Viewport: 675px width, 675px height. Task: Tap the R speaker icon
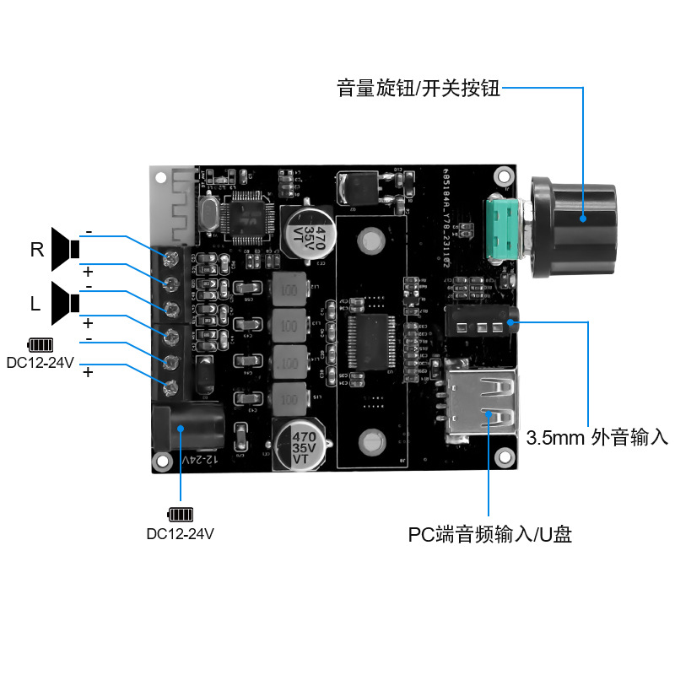point(65,249)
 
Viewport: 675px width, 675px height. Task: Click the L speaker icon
point(65,303)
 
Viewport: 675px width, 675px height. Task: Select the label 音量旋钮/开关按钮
point(418,88)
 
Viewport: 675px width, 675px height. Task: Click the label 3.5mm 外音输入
point(597,438)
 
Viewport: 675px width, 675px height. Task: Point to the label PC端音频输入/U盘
point(489,535)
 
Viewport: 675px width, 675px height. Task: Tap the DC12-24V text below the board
point(180,533)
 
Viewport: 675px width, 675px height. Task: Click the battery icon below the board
point(180,514)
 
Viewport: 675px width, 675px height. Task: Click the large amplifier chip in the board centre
point(369,342)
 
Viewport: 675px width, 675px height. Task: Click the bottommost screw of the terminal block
point(171,389)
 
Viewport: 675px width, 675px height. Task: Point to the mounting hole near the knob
point(504,177)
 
